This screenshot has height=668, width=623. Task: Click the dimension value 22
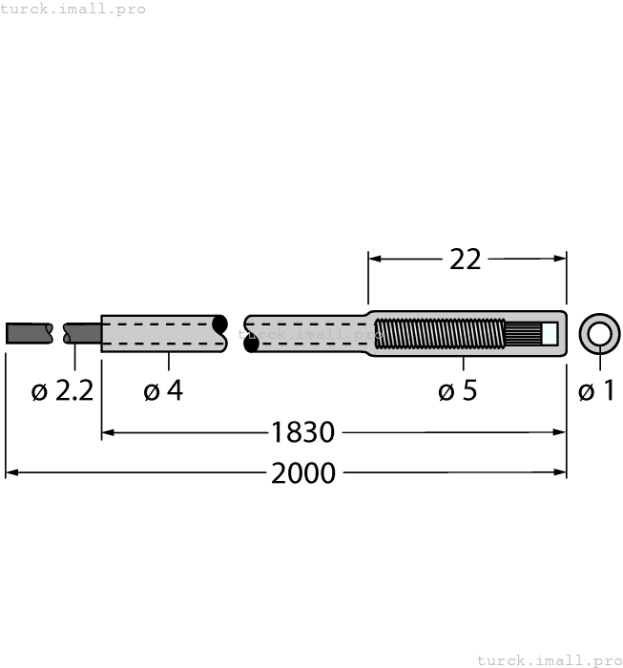[466, 259]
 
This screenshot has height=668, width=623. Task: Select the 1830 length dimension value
[302, 433]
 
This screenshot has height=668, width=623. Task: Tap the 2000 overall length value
[303, 472]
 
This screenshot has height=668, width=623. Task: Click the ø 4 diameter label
[163, 391]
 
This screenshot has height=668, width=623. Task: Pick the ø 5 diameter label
[458, 391]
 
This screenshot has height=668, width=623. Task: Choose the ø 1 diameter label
[597, 391]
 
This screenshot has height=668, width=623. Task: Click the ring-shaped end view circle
[599, 333]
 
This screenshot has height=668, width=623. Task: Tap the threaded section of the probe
[439, 334]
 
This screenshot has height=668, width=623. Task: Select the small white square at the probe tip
[550, 334]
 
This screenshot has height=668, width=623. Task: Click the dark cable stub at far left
[29, 333]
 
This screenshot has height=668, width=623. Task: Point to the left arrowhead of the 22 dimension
[374, 258]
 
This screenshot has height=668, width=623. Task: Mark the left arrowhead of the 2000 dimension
[11, 471]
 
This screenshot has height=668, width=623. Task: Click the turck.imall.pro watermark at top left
[73, 9]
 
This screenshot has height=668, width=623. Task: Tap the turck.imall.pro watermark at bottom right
[549, 659]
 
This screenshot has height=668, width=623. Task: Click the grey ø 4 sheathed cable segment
[162, 334]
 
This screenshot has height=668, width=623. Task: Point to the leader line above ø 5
[464, 364]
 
